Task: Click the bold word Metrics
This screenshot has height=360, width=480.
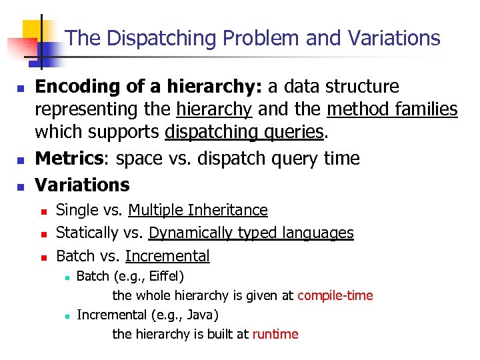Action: [66, 159]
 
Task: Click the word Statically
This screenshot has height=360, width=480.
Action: [87, 233]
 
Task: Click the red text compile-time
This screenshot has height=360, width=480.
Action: [335, 295]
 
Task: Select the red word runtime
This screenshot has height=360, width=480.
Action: [275, 334]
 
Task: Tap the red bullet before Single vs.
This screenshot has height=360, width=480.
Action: [43, 211]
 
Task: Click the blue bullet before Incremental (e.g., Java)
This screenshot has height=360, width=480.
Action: [67, 315]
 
